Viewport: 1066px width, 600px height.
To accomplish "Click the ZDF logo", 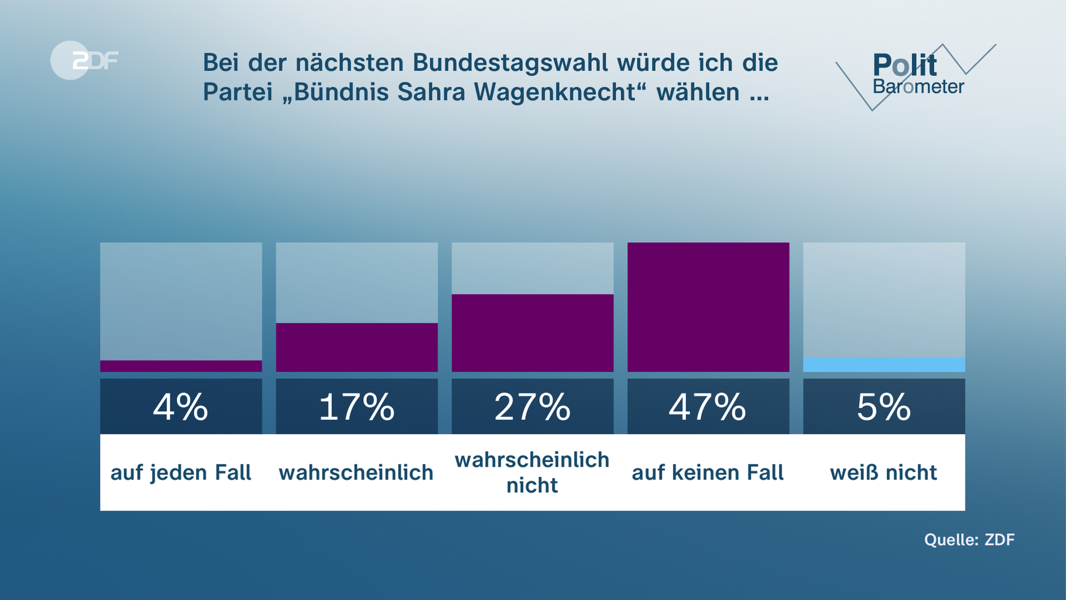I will coord(84,60).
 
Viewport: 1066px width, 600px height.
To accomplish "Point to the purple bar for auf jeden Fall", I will coord(181,366).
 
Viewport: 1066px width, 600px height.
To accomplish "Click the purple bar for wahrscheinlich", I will coord(356,347).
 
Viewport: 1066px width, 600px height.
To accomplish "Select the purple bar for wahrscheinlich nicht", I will coord(532,333).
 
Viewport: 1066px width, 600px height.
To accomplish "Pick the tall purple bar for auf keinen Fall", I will coord(708,307).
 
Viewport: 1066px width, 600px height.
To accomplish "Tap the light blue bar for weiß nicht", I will coord(884,365).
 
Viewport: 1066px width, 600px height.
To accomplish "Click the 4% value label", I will coord(181,407).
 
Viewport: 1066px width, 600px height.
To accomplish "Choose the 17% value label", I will coord(356,407).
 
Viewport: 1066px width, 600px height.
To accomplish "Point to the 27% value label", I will coord(532,407).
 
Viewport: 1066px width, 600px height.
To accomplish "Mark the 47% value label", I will coord(708,407).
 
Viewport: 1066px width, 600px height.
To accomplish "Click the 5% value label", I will coord(884,407).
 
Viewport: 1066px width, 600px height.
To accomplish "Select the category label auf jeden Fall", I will coord(181,473).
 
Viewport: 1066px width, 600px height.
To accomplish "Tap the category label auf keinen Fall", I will coord(708,473).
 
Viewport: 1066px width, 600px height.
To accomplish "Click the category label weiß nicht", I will coord(884,473).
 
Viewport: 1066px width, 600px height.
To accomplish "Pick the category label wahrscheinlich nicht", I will coord(532,473).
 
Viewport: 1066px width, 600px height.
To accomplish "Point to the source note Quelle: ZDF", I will coord(969,539).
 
